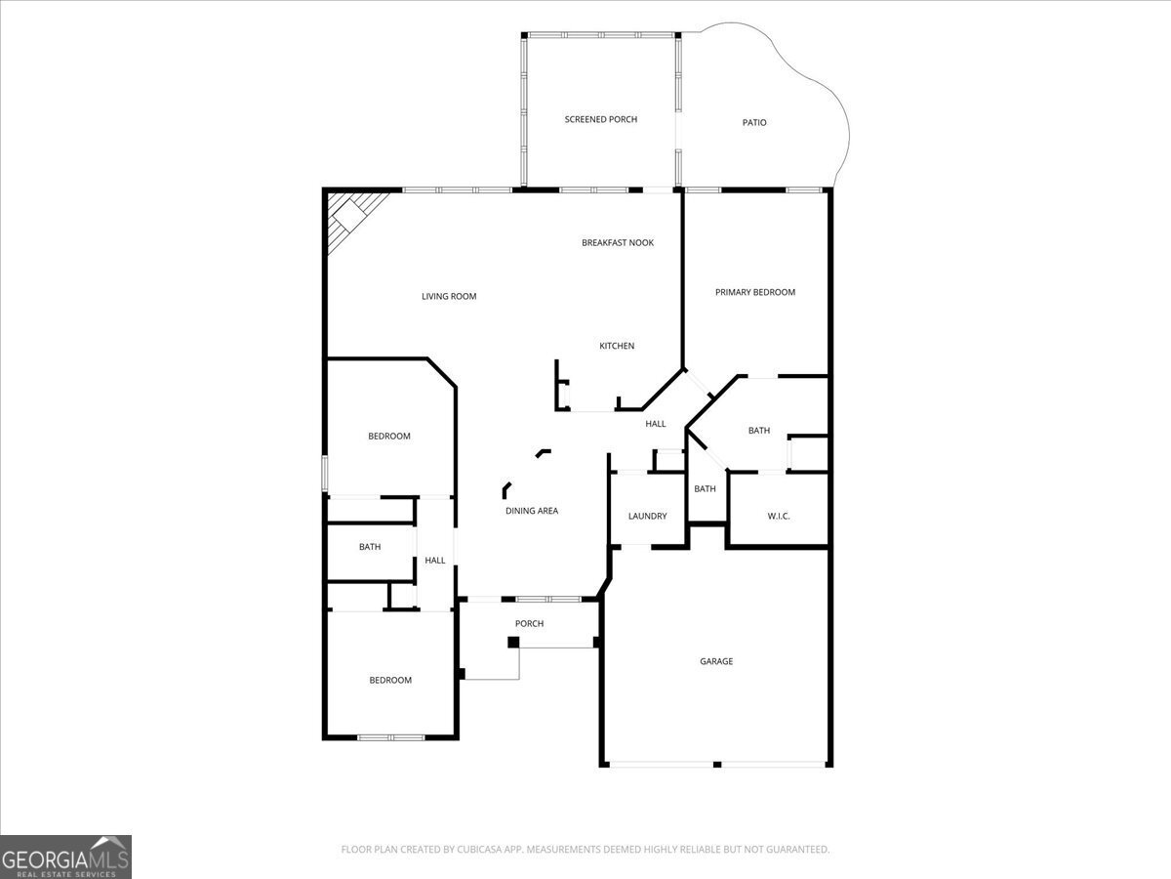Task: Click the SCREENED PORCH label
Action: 600,119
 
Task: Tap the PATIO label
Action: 754,123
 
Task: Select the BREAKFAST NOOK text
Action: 618,243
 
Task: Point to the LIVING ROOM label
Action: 449,297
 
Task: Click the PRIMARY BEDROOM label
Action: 754,292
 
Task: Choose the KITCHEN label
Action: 617,346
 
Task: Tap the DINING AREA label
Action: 532,511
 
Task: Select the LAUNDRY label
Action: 647,517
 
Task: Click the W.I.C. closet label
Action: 778,516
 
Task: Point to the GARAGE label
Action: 715,662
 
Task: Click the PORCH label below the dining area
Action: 529,624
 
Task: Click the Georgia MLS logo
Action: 65,857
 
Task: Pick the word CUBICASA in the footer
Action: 482,850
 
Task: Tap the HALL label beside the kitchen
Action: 656,424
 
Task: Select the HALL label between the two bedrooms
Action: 435,561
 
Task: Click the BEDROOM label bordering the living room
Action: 388,437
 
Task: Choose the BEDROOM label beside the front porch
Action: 389,681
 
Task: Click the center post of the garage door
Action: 717,764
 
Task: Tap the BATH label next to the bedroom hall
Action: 370,548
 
